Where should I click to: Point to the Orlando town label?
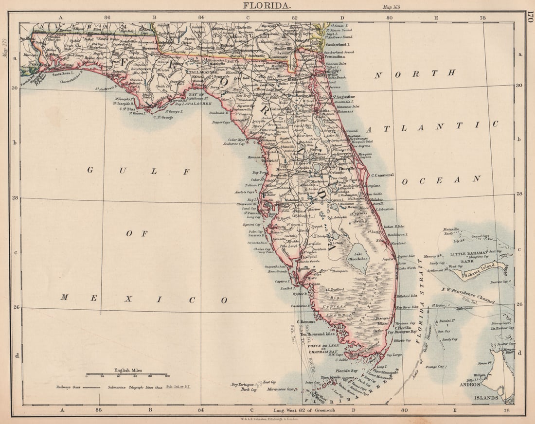[338, 173]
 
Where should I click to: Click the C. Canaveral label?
[382, 175]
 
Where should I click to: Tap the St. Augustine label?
[344, 97]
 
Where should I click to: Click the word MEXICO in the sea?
[143, 299]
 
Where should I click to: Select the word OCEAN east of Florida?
[441, 180]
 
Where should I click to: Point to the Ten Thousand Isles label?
[318, 335]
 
